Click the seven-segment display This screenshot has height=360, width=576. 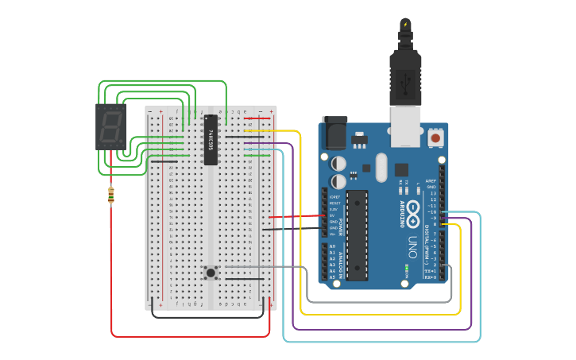tap(110, 126)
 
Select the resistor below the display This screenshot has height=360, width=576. tap(110, 195)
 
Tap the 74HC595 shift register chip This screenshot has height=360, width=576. tap(211, 140)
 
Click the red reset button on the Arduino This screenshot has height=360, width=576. tap(435, 138)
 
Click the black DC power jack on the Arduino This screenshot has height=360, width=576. tap(333, 134)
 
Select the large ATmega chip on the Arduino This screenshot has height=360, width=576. tap(357, 235)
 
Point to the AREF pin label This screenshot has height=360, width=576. tap(431, 180)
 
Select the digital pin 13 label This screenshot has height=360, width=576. tap(432, 193)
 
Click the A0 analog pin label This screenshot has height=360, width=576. tap(332, 246)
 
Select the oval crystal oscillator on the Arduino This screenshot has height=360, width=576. tap(381, 167)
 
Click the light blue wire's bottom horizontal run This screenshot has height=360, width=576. tap(381, 342)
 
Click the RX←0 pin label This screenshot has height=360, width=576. tap(431, 277)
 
